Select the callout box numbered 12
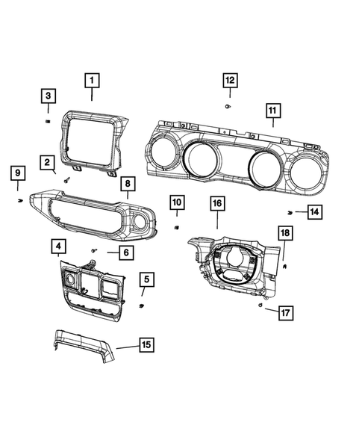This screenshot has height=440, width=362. coord(230,79)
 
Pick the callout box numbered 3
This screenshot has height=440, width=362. coord(48,95)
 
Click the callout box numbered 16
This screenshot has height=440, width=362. coord(216,203)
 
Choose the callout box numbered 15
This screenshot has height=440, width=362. coord(147,344)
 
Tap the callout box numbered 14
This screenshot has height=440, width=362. coord(314,212)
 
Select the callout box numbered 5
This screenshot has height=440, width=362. coord(146,279)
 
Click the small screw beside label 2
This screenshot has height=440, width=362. coord(68,179)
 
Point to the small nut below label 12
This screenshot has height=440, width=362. coord(227,107)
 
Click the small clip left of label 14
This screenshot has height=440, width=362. coord(290,213)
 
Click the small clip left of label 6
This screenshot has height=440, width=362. coord(93,250)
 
